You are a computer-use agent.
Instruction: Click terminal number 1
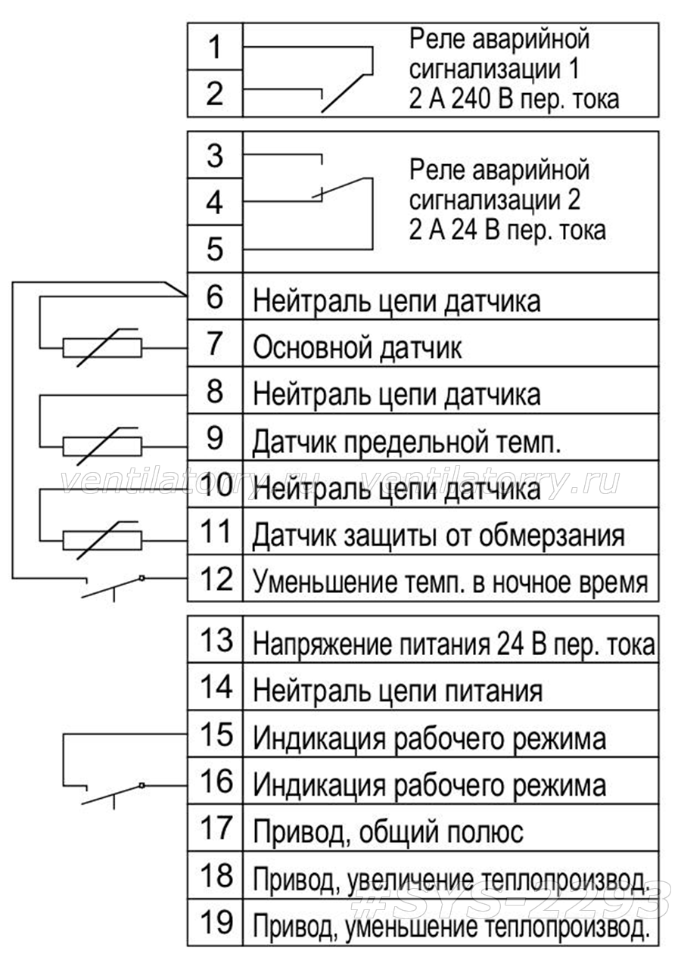click(214, 47)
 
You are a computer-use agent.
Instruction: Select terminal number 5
click(215, 249)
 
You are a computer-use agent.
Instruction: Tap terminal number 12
click(216, 579)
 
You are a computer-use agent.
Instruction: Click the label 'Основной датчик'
click(357, 347)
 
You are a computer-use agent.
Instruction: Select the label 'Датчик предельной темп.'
click(407, 442)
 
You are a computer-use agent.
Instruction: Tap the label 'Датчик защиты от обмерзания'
click(438, 536)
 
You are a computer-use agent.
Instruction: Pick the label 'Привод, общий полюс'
click(388, 832)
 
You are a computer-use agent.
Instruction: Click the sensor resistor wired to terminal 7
click(102, 347)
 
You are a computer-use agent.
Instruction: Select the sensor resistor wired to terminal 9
click(102, 446)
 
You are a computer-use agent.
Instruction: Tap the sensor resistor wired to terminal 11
click(102, 540)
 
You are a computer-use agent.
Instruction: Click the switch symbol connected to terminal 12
click(113, 588)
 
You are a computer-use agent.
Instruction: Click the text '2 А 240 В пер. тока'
click(515, 99)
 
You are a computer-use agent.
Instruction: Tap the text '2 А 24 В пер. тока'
click(508, 230)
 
